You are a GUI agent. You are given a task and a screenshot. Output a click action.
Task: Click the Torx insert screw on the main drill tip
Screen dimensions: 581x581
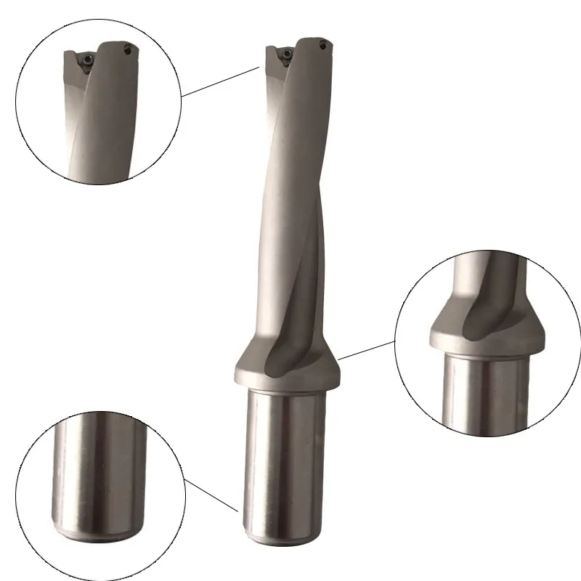pyautogui.click(x=285, y=52)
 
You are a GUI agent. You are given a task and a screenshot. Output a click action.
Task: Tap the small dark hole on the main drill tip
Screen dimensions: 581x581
pyautogui.click(x=325, y=45)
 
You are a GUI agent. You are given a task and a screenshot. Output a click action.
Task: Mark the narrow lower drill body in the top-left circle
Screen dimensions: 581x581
pyautogui.click(x=102, y=153)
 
